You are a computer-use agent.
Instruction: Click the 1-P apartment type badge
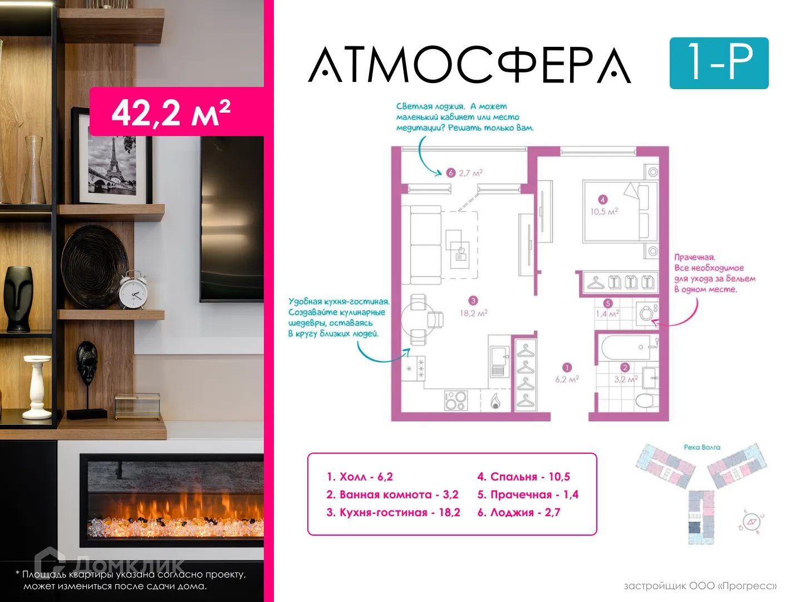[x=719, y=63]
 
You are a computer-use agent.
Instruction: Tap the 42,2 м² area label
[x=171, y=112]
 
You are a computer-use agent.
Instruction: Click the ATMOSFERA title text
[x=469, y=65]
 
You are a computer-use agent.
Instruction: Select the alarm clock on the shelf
[x=134, y=289]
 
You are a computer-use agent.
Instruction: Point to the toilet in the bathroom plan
[x=646, y=400]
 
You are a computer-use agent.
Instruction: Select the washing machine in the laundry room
[x=647, y=313]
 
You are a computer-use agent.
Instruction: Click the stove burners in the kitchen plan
[x=456, y=400]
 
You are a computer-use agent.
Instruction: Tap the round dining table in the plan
[x=419, y=319]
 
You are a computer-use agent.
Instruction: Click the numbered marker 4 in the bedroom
[x=602, y=200]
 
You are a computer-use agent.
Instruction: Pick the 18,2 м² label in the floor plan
[x=473, y=313]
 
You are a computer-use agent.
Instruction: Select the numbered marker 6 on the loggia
[x=451, y=173]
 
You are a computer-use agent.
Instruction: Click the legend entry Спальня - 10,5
[x=523, y=477]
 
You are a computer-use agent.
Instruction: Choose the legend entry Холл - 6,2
[x=360, y=477]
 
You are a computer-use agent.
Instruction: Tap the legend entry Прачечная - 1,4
[x=527, y=494]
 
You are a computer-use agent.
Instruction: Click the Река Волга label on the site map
[x=701, y=447]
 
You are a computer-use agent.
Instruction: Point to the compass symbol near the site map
[x=752, y=522]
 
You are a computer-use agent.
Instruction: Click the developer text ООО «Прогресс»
[x=700, y=586]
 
